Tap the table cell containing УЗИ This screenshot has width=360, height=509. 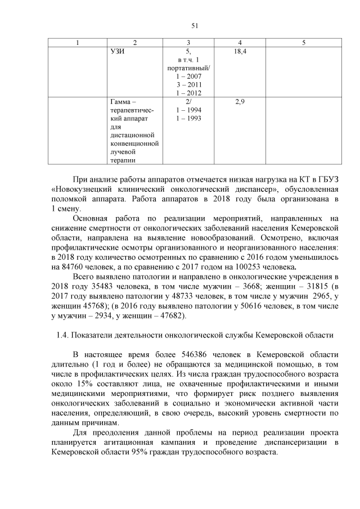118,52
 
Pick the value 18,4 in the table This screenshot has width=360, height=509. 240,52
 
